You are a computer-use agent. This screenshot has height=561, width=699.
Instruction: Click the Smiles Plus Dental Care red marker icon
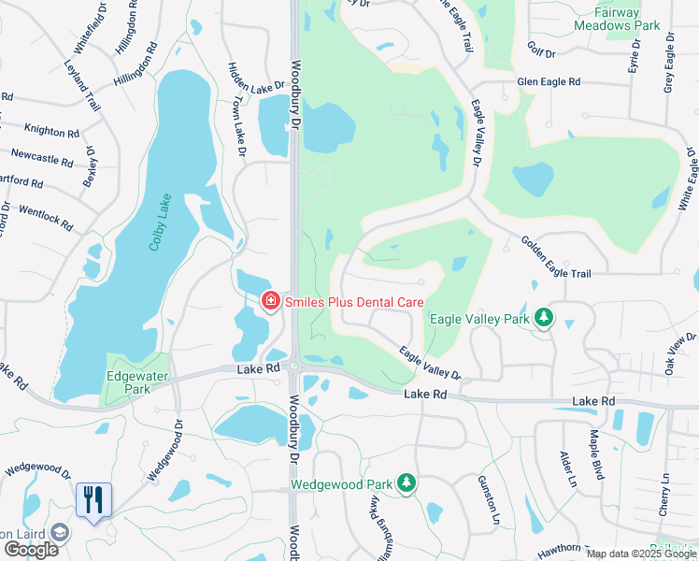(x=269, y=301)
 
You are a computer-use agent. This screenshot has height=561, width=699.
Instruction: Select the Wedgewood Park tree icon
(x=406, y=483)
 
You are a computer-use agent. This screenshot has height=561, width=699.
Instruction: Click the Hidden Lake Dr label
(x=256, y=85)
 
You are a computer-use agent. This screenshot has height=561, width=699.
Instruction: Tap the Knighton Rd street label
(x=51, y=132)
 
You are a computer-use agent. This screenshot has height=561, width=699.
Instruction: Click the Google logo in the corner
(x=30, y=549)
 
